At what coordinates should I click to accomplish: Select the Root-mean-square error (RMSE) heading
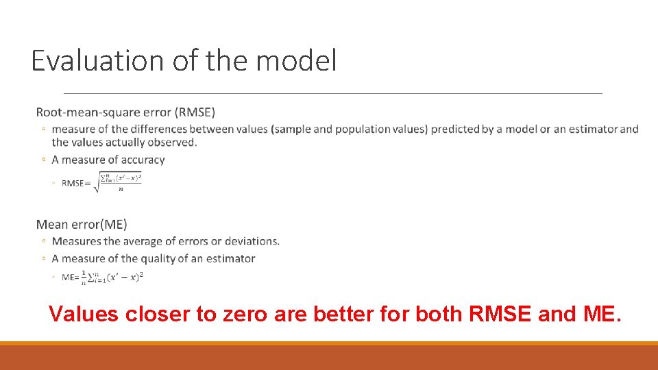pyautogui.click(x=125, y=112)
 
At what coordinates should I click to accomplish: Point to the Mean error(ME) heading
pyautogui.click(x=82, y=224)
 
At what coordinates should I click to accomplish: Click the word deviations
pyautogui.click(x=249, y=241)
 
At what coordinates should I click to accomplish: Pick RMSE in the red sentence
pyautogui.click(x=500, y=314)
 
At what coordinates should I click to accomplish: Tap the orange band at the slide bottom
pyautogui.click(x=329, y=356)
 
